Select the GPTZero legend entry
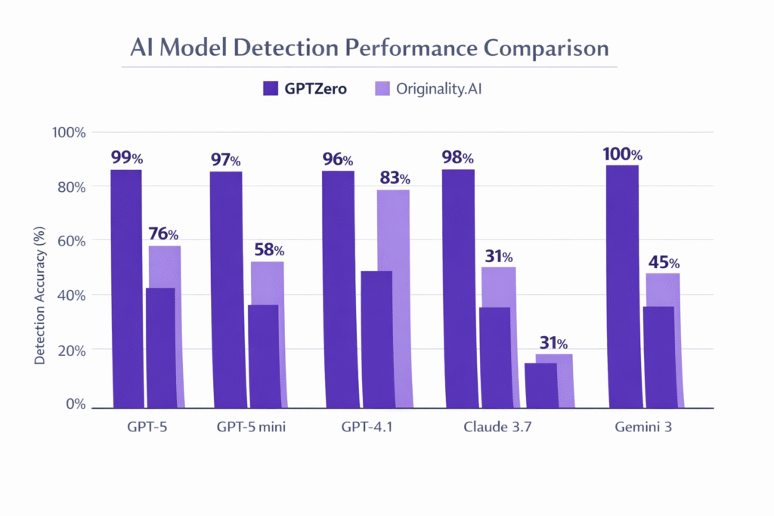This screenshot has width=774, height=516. [305, 88]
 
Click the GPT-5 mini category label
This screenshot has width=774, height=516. [247, 427]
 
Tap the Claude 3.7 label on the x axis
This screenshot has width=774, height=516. [494, 427]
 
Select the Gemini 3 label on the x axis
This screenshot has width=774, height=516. [642, 427]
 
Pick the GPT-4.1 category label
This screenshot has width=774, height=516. [367, 427]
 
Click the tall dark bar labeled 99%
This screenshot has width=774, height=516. [126, 287]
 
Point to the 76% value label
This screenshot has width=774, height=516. [163, 234]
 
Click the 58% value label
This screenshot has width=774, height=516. [268, 249]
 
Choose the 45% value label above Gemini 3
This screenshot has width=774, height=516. [663, 263]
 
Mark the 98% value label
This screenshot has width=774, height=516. [457, 158]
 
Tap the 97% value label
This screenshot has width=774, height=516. [224, 159]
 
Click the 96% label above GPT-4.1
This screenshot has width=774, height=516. [337, 159]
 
